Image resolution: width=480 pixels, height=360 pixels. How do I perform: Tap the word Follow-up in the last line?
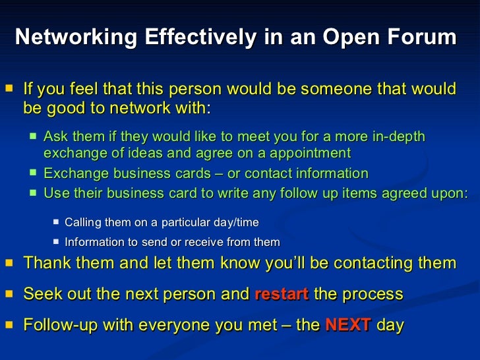[56, 325]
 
